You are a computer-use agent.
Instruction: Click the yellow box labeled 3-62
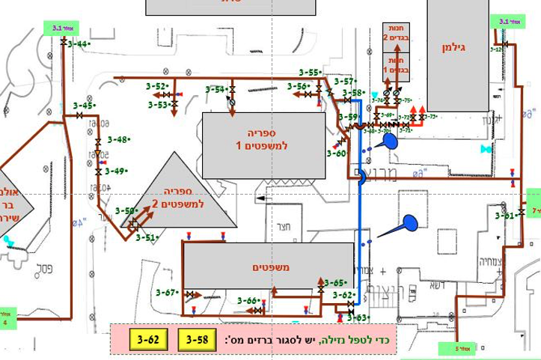(148, 340)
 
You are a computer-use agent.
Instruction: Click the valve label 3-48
(118, 139)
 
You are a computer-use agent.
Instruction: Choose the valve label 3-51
(146, 237)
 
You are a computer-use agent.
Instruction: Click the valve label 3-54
(216, 90)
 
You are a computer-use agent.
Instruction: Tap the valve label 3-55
(310, 72)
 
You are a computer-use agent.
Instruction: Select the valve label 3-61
(505, 216)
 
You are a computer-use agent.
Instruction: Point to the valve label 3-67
(166, 292)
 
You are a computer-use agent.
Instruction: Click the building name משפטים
(268, 263)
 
